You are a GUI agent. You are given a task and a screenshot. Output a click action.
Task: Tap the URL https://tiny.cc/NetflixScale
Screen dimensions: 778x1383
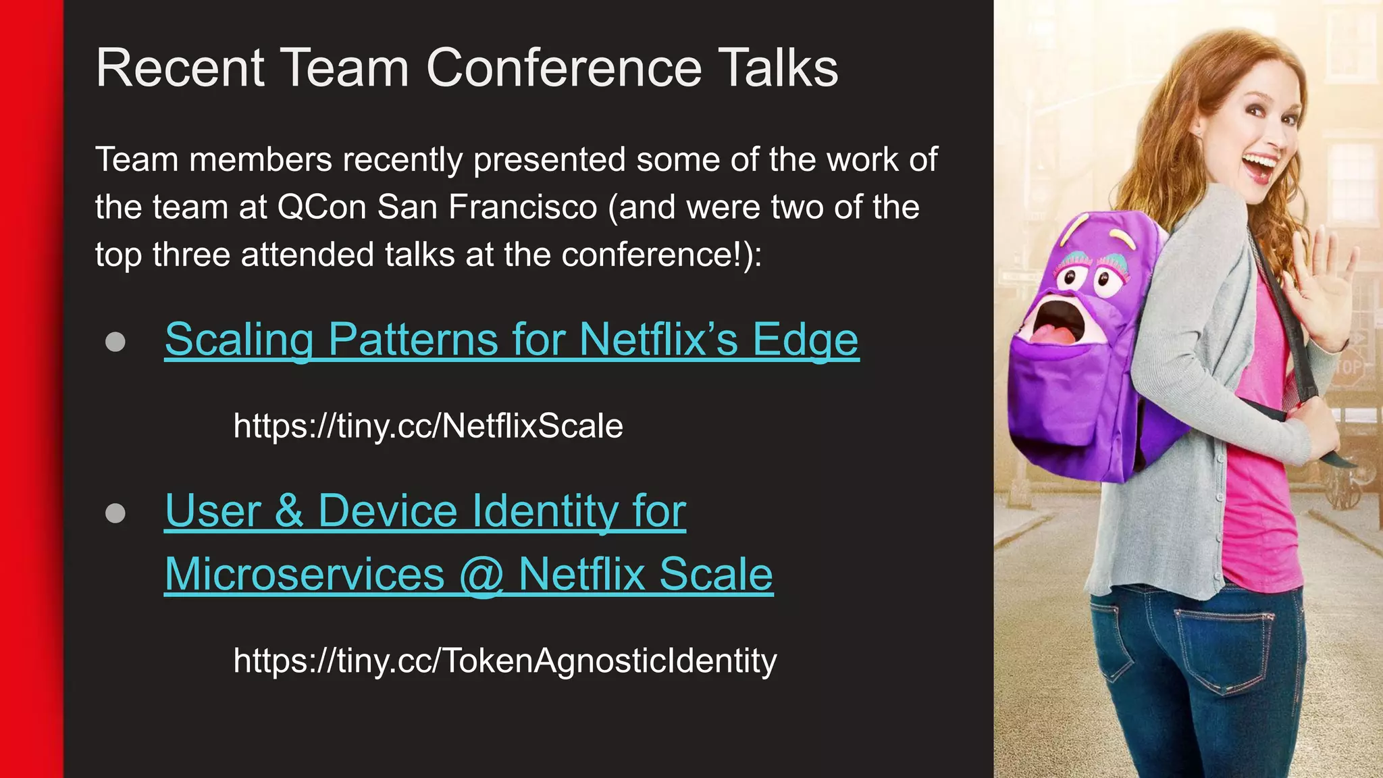(x=428, y=426)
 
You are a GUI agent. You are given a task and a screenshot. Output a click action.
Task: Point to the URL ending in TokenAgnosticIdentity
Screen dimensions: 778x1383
(x=505, y=660)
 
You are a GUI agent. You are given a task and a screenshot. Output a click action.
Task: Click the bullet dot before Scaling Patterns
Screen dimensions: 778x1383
(x=115, y=342)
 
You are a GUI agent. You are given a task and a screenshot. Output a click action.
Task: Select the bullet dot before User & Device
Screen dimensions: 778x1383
(x=115, y=513)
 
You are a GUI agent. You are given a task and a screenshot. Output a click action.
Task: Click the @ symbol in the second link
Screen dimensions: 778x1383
(x=481, y=575)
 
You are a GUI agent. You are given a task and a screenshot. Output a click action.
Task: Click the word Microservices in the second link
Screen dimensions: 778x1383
(x=305, y=575)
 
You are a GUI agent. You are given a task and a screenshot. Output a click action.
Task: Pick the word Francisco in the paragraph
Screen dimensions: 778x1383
(x=523, y=207)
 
